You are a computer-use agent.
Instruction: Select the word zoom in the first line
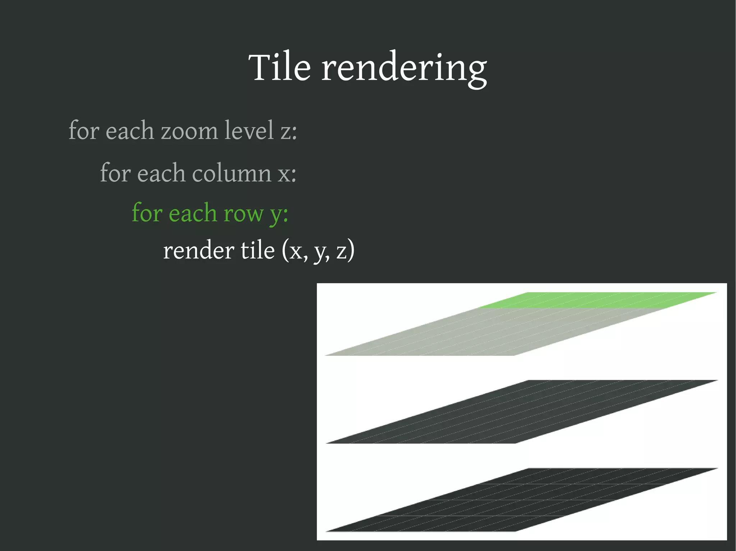[189, 131]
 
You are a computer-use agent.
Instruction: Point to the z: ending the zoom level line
[289, 131]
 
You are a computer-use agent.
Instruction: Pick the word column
[231, 173]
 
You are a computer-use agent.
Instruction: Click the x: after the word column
[287, 174]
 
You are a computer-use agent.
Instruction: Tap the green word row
[243, 214]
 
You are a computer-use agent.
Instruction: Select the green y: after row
[279, 214]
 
